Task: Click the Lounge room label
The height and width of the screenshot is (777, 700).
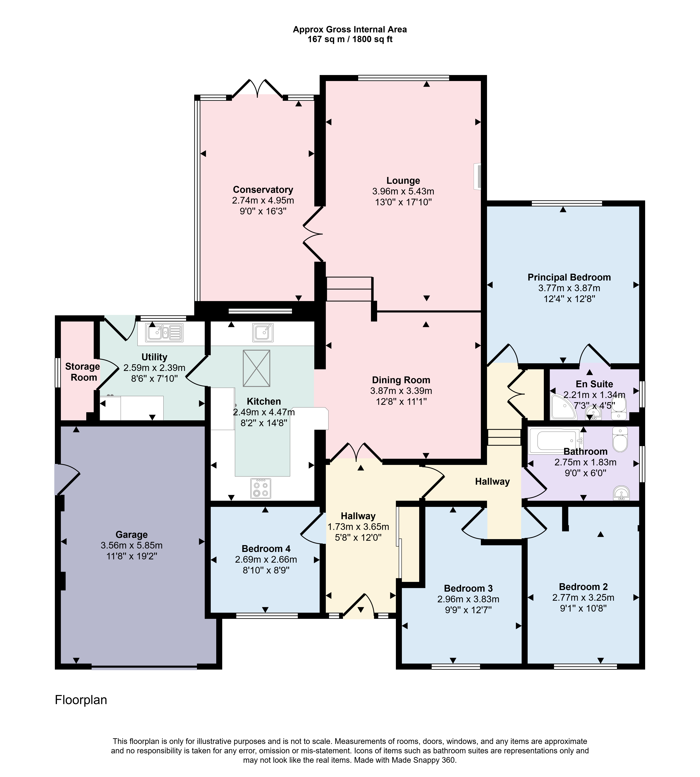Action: tap(403, 181)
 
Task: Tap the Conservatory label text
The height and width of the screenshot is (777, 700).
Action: tap(263, 190)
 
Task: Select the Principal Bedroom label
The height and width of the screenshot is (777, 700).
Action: tap(569, 277)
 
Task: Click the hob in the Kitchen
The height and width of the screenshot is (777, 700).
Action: tap(261, 488)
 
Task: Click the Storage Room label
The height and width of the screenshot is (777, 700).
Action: tap(83, 372)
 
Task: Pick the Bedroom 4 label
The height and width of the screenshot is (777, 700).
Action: tap(266, 549)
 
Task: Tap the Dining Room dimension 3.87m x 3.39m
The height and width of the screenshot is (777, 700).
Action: tap(401, 391)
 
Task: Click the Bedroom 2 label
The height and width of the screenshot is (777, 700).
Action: tap(583, 587)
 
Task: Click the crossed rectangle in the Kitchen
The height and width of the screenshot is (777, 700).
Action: tap(257, 368)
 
